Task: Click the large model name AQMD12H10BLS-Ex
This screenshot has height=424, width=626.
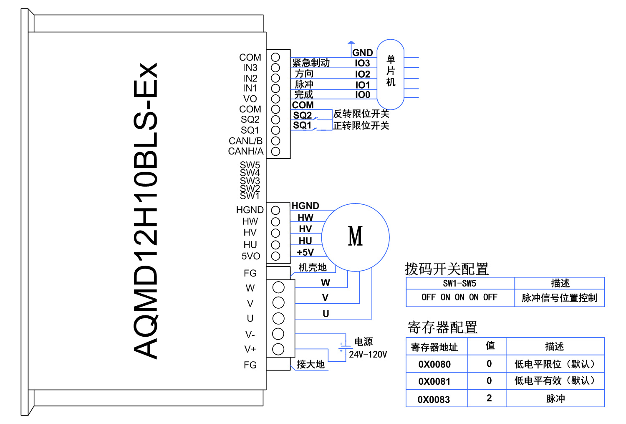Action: click(145, 211)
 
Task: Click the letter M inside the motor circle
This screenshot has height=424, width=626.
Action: click(356, 236)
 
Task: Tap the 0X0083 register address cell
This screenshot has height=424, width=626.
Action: click(434, 399)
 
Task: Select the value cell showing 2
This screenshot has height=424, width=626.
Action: click(489, 398)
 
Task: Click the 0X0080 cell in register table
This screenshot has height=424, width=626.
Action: click(434, 364)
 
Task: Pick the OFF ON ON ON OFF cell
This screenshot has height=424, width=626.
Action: click(459, 297)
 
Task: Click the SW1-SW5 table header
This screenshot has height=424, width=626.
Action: click(459, 284)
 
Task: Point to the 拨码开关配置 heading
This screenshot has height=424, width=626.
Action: click(447, 269)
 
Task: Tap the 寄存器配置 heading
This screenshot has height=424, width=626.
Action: click(442, 328)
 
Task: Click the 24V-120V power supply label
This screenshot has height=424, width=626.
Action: click(368, 355)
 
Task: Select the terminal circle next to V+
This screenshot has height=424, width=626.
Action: click(278, 349)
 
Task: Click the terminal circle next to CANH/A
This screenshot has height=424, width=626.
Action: click(275, 151)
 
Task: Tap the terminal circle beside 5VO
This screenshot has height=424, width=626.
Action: click(275, 256)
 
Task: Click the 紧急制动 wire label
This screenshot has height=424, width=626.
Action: click(311, 63)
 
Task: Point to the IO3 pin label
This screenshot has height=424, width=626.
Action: click(362, 63)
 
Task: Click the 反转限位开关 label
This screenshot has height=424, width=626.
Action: click(361, 114)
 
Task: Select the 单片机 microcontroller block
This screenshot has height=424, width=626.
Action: click(391, 74)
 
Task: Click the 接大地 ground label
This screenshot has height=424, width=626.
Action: click(310, 365)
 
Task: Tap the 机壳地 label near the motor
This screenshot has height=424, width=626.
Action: click(313, 267)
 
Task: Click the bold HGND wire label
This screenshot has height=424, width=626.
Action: click(305, 206)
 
